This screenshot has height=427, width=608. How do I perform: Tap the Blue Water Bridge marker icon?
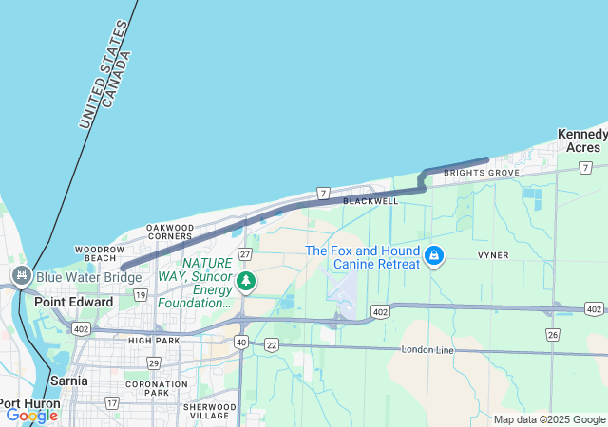coord(20,277)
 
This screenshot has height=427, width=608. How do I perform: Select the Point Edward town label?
coord(73,302)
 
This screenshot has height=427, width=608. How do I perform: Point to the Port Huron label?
coord(30,403)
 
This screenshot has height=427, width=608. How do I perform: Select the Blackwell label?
coord(370,201)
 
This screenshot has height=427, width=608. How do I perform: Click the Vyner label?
coord(493,255)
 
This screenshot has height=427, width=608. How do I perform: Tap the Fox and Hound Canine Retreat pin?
coord(434,256)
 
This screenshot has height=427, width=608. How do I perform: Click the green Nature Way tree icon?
coord(246,280)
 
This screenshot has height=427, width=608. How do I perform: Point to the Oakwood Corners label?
coord(170,232)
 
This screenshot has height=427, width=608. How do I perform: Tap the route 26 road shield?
coord(553,334)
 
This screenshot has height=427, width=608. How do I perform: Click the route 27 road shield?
coord(245,253)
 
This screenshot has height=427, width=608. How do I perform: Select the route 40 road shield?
coord(241,342)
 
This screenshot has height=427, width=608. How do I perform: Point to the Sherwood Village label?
coord(210,410)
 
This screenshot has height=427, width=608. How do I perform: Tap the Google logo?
coord(31,415)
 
